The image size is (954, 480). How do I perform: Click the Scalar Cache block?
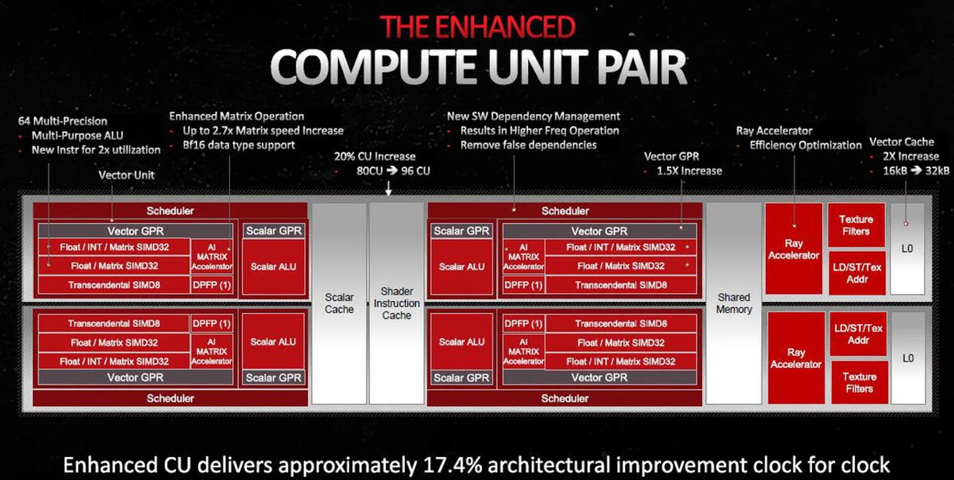[x=339, y=303]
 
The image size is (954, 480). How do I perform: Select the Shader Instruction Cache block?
[x=397, y=303]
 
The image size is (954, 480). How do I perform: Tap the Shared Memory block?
[x=734, y=303]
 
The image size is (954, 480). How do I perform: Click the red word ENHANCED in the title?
[x=505, y=27]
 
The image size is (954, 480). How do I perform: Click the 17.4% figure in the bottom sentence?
[x=453, y=465]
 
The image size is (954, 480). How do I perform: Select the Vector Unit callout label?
[x=126, y=175]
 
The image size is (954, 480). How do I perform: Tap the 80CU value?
[x=370, y=171]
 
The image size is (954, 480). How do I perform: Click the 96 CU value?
[x=415, y=171]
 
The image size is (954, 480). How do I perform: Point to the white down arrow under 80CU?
[x=389, y=189]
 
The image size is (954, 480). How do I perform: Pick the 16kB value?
[x=895, y=171]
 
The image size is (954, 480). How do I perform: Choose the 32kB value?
[x=937, y=171]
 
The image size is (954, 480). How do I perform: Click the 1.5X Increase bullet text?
[x=689, y=171]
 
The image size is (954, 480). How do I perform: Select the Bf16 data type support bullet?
[x=238, y=145]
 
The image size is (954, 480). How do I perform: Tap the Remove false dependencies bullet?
[x=528, y=145]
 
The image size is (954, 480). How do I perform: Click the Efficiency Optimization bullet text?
[x=805, y=145]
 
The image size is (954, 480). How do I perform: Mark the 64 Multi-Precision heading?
[x=63, y=121]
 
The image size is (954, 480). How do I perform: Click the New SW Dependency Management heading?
[x=533, y=116]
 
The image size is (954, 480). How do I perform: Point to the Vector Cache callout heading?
[x=901, y=142]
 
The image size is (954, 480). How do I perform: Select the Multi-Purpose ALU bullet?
[x=78, y=135]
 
